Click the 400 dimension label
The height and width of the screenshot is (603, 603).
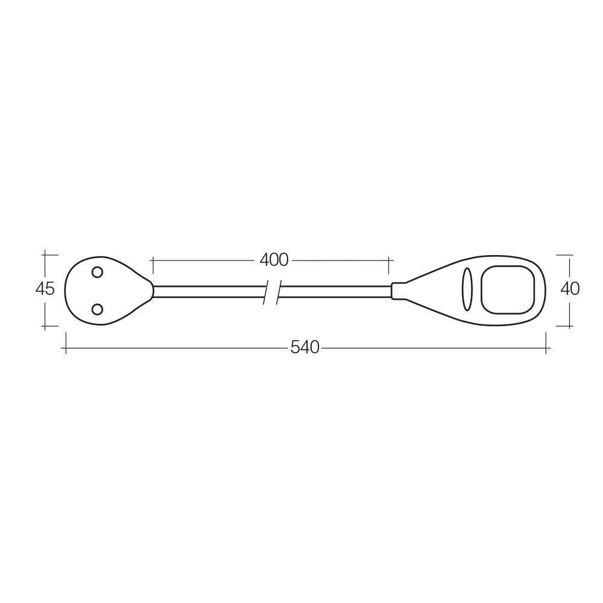274,260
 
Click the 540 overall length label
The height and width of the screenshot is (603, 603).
305,348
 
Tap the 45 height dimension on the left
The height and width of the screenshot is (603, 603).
45,289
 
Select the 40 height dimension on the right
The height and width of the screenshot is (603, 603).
570,289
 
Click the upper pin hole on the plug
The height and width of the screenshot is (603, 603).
97,272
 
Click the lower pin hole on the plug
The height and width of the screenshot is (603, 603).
97,309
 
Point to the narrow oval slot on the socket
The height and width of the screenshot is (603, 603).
467,289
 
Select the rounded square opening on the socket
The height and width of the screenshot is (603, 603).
508,289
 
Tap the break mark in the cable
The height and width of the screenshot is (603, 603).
271,292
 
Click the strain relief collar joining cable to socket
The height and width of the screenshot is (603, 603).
398,291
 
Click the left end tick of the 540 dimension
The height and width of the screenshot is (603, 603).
65,348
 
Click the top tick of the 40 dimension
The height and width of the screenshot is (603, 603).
570,255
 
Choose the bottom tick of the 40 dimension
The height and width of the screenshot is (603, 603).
570,326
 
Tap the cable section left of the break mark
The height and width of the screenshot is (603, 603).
208,292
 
